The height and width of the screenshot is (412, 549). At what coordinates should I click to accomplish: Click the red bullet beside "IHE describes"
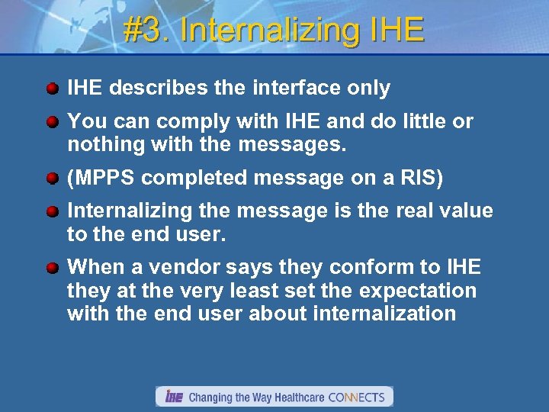(52, 89)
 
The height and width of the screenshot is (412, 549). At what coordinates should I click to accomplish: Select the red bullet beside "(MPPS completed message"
(52, 178)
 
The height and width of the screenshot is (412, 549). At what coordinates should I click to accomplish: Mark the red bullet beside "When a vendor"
(52, 268)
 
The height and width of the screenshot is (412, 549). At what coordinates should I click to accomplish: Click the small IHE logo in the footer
(174, 397)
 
